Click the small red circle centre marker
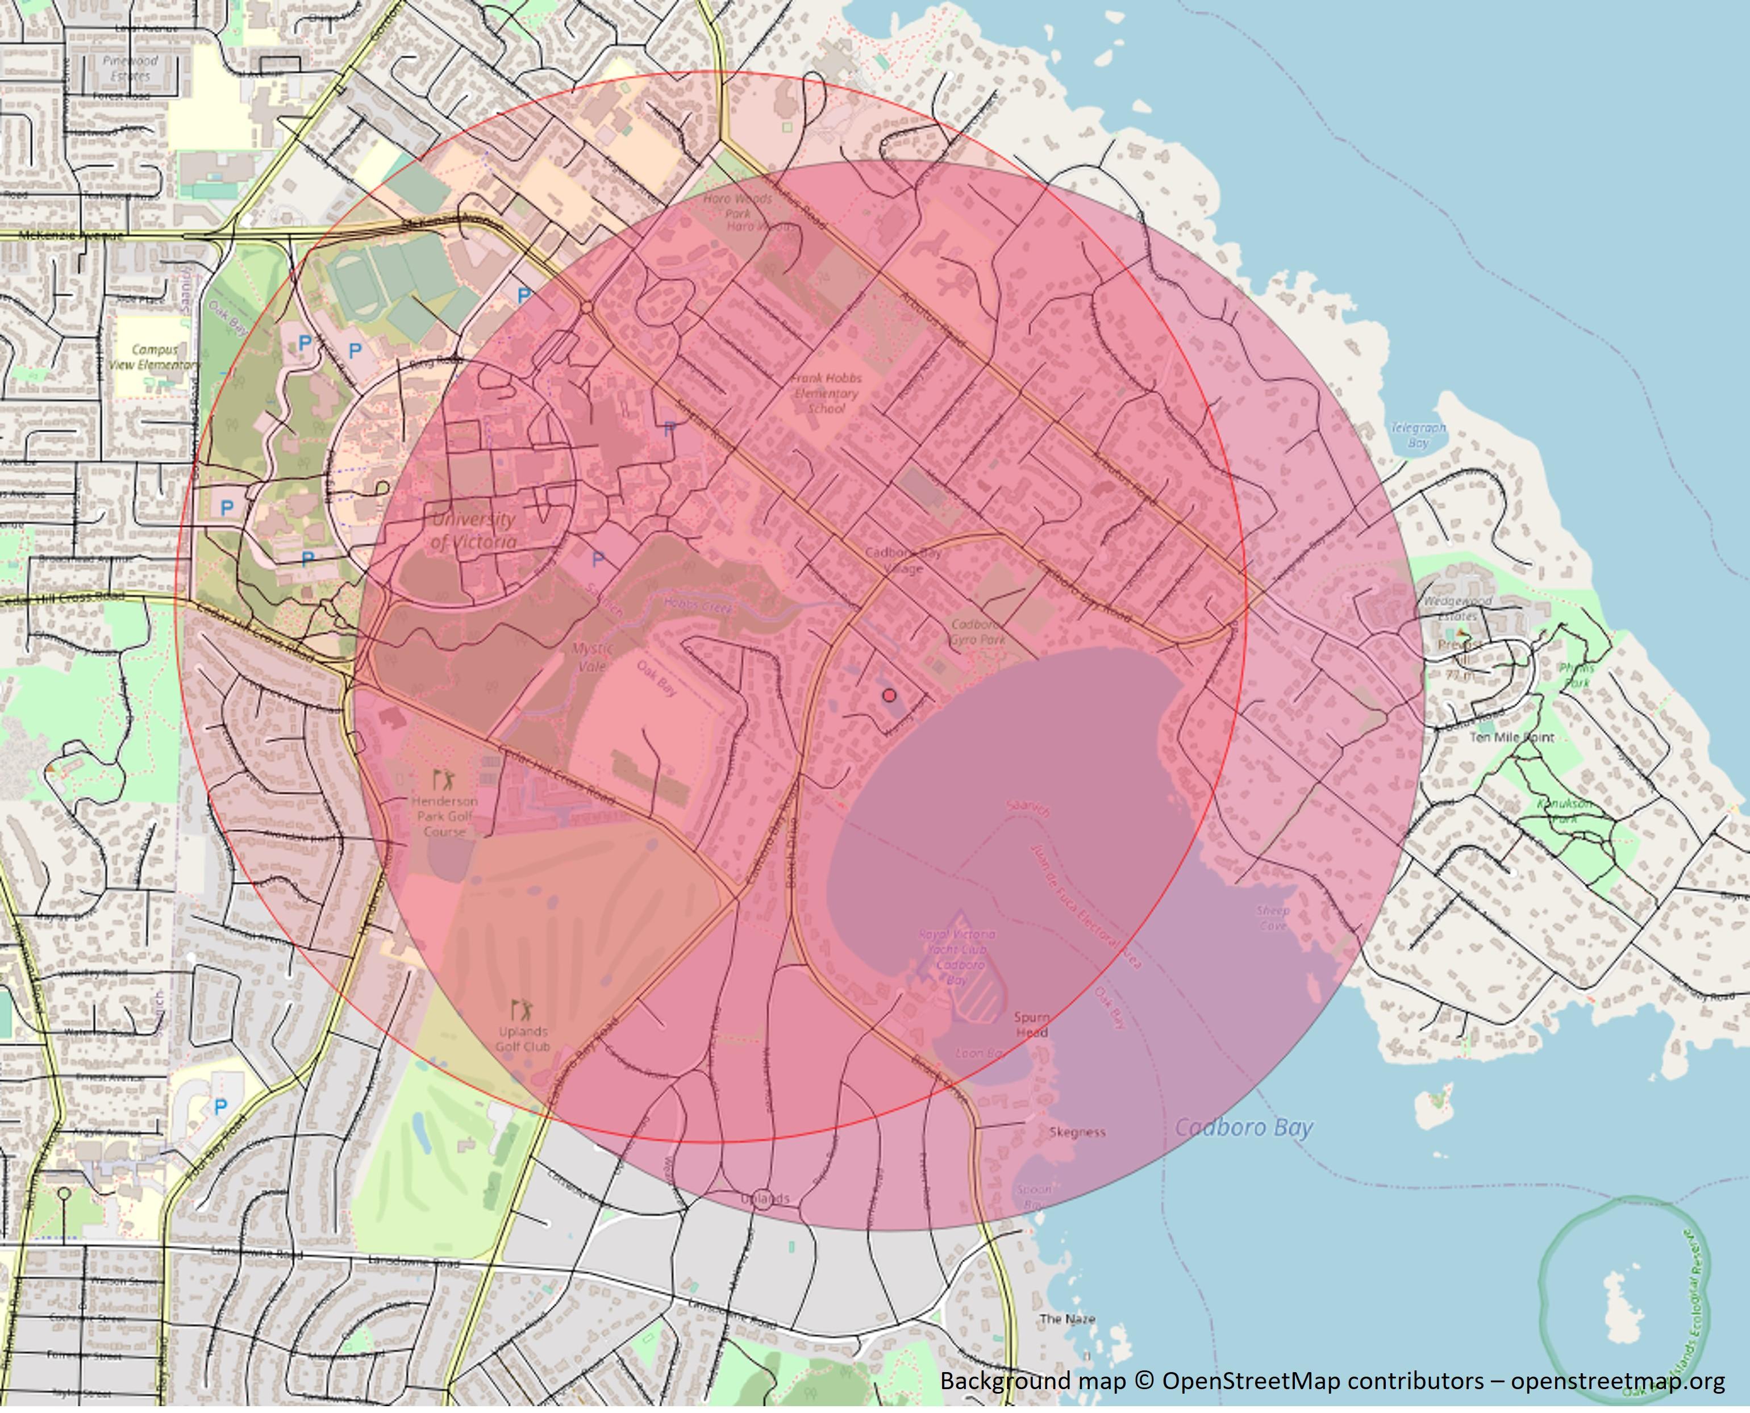coord(890,695)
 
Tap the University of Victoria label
coord(473,530)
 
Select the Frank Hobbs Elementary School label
coord(826,393)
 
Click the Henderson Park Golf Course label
coord(444,815)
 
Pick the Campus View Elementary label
coord(154,356)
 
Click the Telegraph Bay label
coord(1419,435)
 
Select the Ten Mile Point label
coord(1511,737)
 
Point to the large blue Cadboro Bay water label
coord(1244,1127)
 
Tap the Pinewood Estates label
coord(130,68)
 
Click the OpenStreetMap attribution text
coord(1332,1381)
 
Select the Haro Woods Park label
coord(738,206)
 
